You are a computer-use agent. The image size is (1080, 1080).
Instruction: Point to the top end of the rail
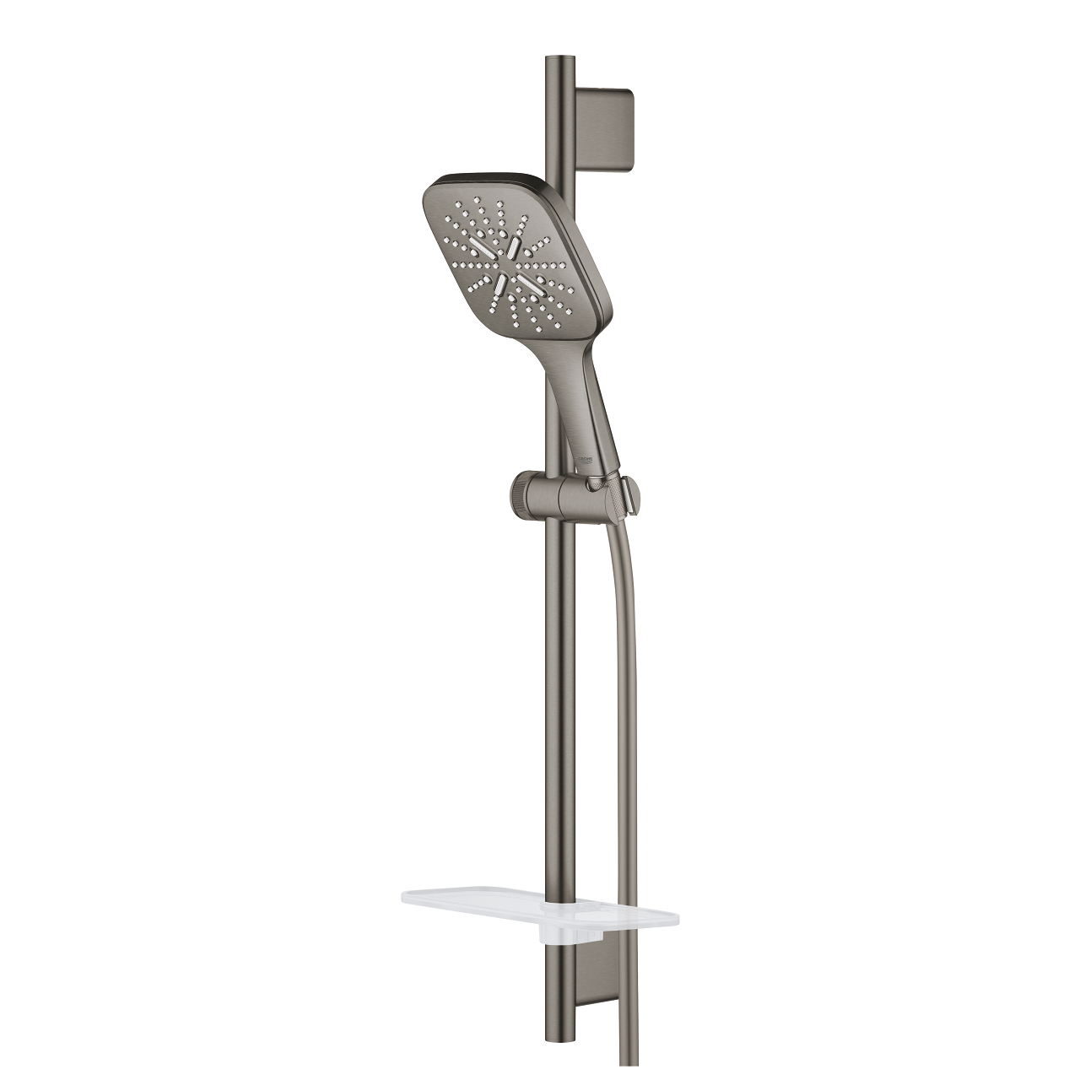click(559, 61)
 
